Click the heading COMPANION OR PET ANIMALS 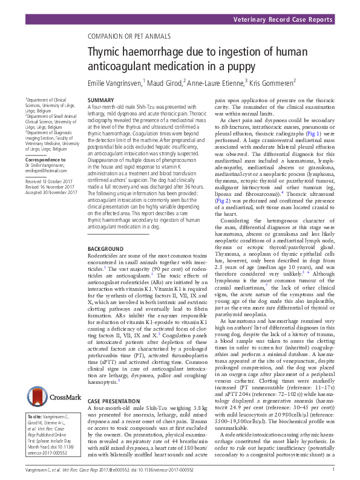coord(130,36)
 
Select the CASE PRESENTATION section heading coord(114,401)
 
